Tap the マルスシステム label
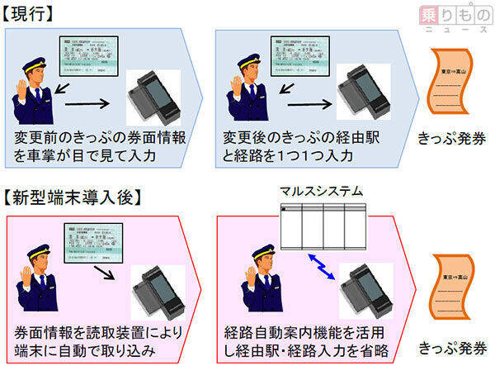pos(322,191)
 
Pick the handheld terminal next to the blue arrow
pos(364,289)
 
